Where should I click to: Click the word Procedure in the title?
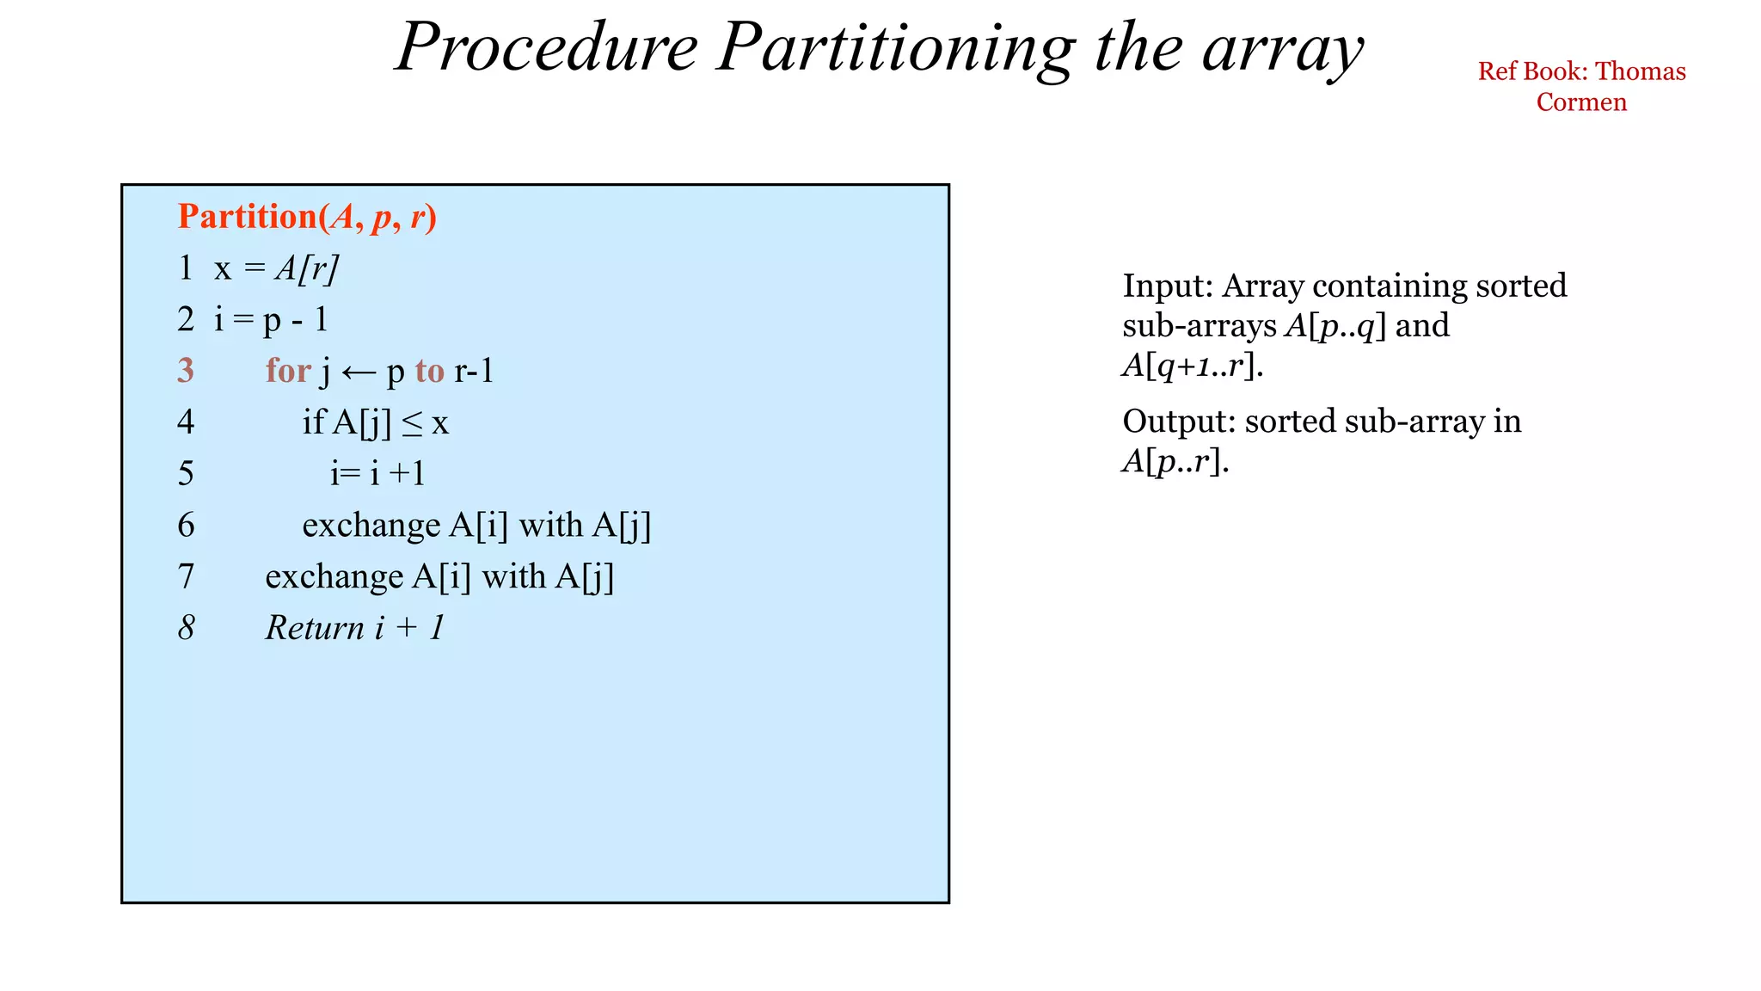pos(547,47)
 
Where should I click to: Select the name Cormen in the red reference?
pos(1581,102)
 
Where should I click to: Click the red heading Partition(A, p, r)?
pos(307,217)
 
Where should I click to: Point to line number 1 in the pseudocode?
pos(186,268)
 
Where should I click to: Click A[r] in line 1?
pos(306,269)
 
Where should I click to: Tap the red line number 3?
pos(186,371)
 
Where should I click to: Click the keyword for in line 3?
pos(287,371)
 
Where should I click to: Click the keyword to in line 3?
pos(429,371)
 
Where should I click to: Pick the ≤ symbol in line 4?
pos(413,423)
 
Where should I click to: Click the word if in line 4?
pos(313,422)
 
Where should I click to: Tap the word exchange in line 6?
pos(371,526)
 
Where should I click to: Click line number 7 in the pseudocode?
pos(186,576)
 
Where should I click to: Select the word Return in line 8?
pos(315,628)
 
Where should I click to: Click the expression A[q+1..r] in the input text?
pos(1192,366)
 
